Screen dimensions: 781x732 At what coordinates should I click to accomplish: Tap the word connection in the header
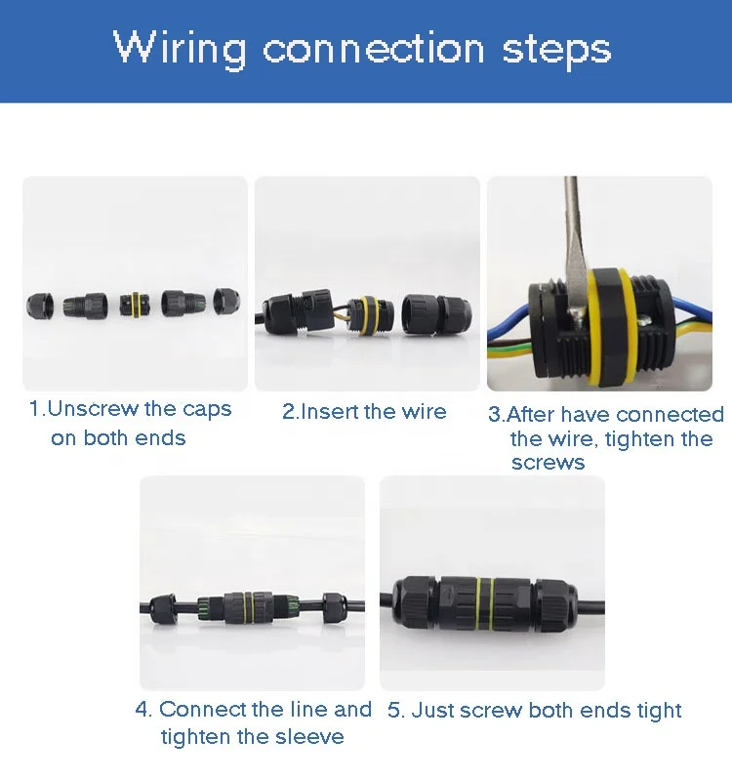click(x=374, y=48)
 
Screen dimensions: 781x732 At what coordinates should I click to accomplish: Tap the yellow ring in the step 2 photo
click(x=370, y=314)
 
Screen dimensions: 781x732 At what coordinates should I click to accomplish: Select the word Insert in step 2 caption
click(x=329, y=412)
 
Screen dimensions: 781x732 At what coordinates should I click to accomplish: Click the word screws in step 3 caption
click(x=548, y=462)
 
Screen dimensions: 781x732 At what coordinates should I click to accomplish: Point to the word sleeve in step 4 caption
click(x=309, y=736)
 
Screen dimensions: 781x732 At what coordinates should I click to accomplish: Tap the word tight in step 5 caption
click(x=657, y=710)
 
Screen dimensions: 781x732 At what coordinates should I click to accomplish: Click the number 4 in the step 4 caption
click(x=142, y=710)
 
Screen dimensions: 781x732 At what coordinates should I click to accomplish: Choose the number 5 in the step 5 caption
click(x=393, y=710)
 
